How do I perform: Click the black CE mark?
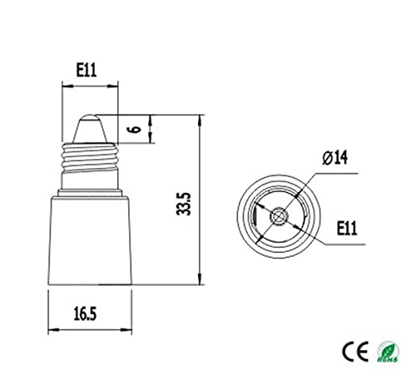pyautogui.click(x=351, y=347)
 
